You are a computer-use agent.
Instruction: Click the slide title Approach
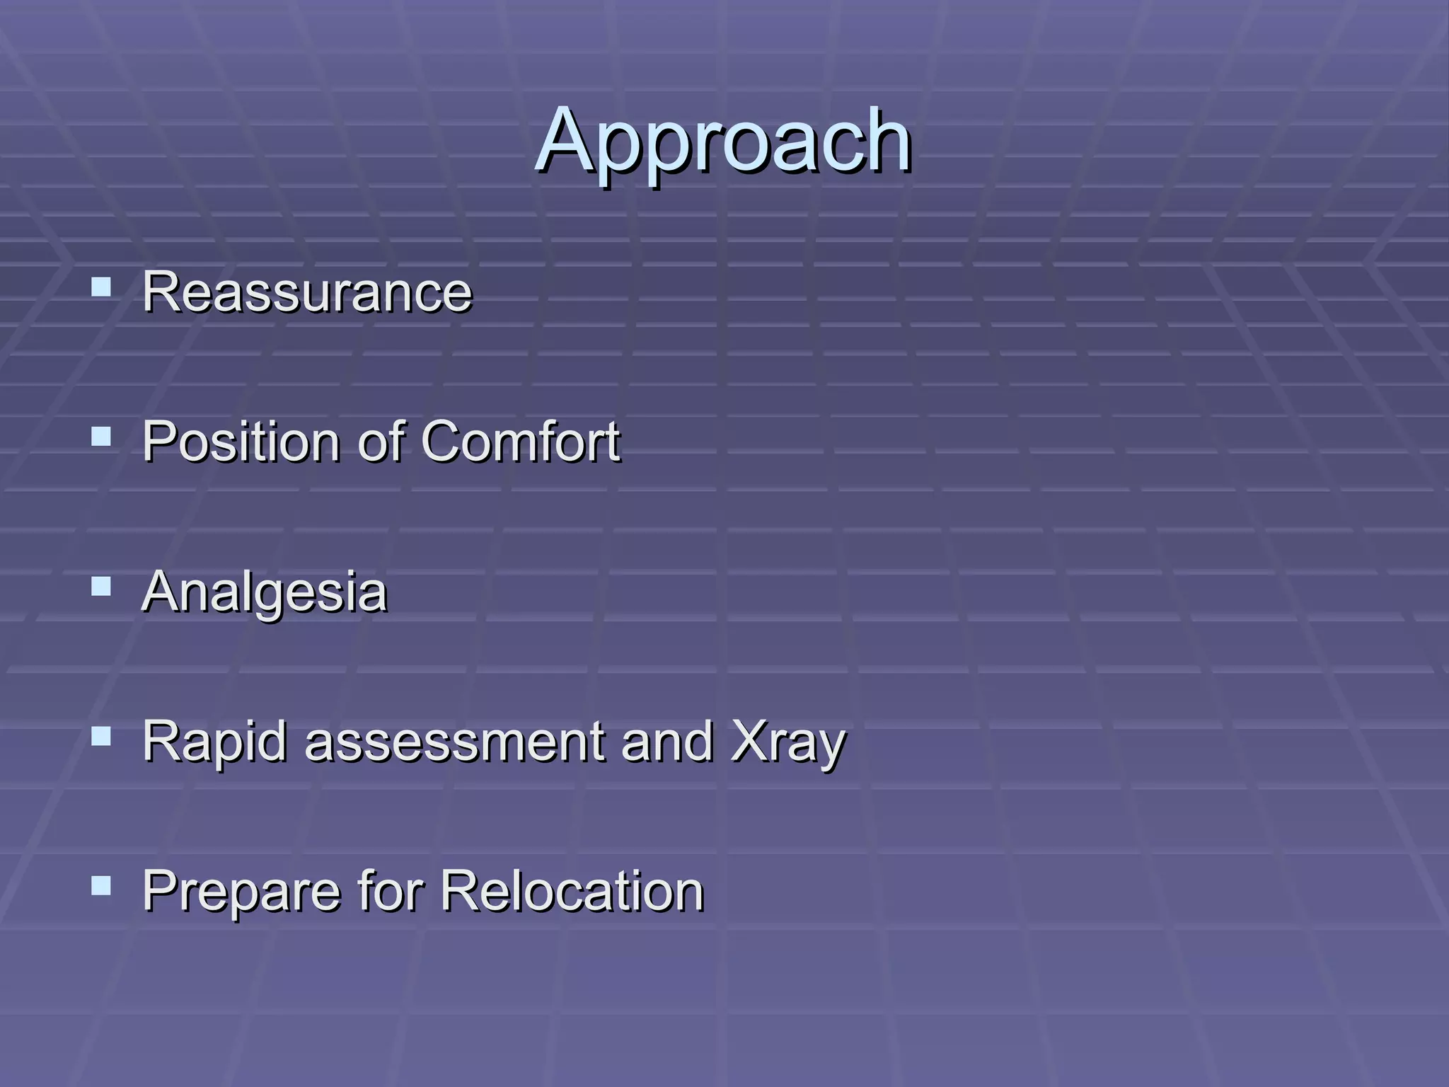click(x=723, y=142)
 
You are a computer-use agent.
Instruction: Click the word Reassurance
click(x=306, y=292)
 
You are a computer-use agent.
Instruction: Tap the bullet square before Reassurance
click(x=102, y=287)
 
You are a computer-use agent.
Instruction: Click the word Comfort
click(x=521, y=442)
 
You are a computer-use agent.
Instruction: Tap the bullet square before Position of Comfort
click(x=102, y=437)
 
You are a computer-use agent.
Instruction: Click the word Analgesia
click(x=264, y=592)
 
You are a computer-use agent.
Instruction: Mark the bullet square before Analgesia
click(x=102, y=587)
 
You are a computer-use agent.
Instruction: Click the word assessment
click(x=454, y=742)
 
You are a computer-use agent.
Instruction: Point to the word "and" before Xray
click(x=666, y=742)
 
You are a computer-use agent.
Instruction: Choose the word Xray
click(x=787, y=742)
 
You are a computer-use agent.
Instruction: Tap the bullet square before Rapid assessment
click(x=102, y=737)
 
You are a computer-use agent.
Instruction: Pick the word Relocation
click(x=572, y=891)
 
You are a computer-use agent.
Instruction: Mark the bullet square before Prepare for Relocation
click(x=102, y=886)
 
